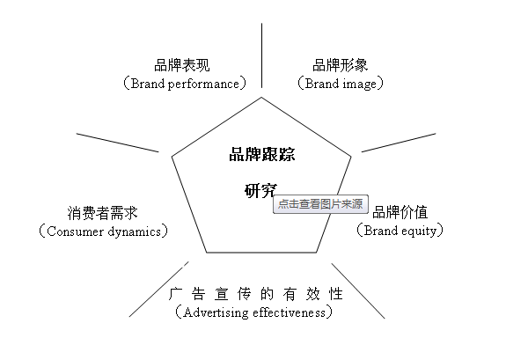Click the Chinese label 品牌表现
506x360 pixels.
182,65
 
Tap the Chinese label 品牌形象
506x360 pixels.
341,65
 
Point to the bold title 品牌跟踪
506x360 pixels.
262,154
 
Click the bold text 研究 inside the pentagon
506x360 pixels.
260,190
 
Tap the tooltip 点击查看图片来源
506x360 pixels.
320,204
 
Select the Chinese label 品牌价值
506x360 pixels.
400,212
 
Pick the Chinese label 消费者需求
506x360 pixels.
103,213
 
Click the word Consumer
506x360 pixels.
75,231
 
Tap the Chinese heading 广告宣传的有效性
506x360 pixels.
256,294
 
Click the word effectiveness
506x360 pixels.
290,312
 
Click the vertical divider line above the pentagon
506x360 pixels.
261,55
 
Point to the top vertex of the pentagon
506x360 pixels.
261,97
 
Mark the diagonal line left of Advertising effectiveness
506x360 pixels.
158,290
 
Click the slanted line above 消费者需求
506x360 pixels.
117,143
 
